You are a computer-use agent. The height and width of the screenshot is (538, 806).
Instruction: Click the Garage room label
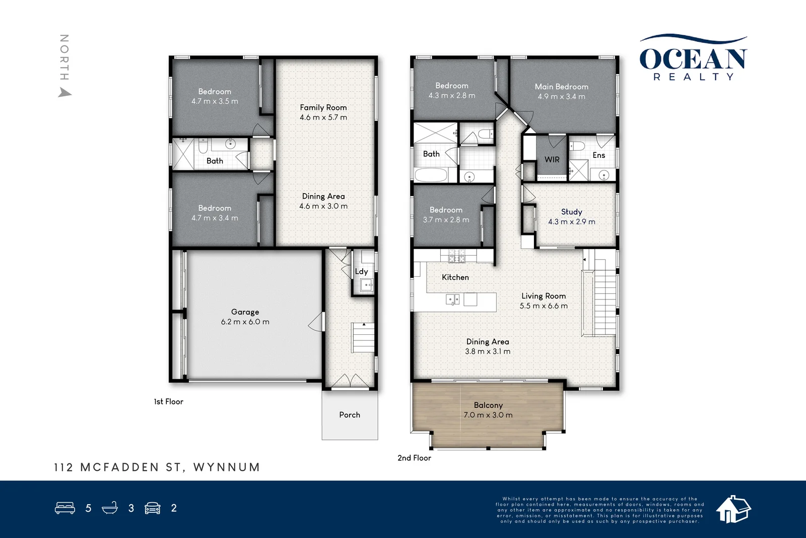pyautogui.click(x=245, y=312)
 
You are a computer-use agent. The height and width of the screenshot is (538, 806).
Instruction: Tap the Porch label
pyautogui.click(x=350, y=415)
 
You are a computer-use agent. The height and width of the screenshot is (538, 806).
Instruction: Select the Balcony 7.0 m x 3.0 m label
pyautogui.click(x=488, y=410)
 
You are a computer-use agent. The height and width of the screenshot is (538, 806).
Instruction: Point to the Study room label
pyautogui.click(x=571, y=212)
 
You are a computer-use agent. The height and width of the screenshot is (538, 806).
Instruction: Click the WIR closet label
pyautogui.click(x=552, y=159)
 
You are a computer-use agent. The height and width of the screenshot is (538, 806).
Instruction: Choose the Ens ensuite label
pyautogui.click(x=599, y=155)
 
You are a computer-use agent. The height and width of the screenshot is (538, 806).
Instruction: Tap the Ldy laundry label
pyautogui.click(x=361, y=271)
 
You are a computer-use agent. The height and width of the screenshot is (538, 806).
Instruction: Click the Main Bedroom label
pyautogui.click(x=561, y=86)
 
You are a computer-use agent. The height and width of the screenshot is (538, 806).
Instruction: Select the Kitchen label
pyautogui.click(x=455, y=277)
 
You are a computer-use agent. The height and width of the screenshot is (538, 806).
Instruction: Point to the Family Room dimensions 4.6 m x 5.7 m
pyautogui.click(x=323, y=117)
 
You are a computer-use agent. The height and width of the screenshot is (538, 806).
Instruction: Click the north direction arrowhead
pyautogui.click(x=65, y=93)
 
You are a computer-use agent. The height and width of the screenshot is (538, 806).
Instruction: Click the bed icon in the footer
pyautogui.click(x=65, y=508)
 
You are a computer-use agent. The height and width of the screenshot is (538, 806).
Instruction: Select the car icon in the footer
pyautogui.click(x=153, y=508)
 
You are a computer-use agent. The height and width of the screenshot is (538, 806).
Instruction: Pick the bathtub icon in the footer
pyautogui.click(x=110, y=508)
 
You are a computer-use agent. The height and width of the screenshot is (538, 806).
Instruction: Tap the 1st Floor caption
pyautogui.click(x=168, y=401)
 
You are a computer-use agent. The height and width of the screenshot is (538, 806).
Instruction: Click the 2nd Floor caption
pyautogui.click(x=414, y=458)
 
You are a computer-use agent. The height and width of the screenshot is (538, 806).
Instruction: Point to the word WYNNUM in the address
pyautogui.click(x=226, y=467)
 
